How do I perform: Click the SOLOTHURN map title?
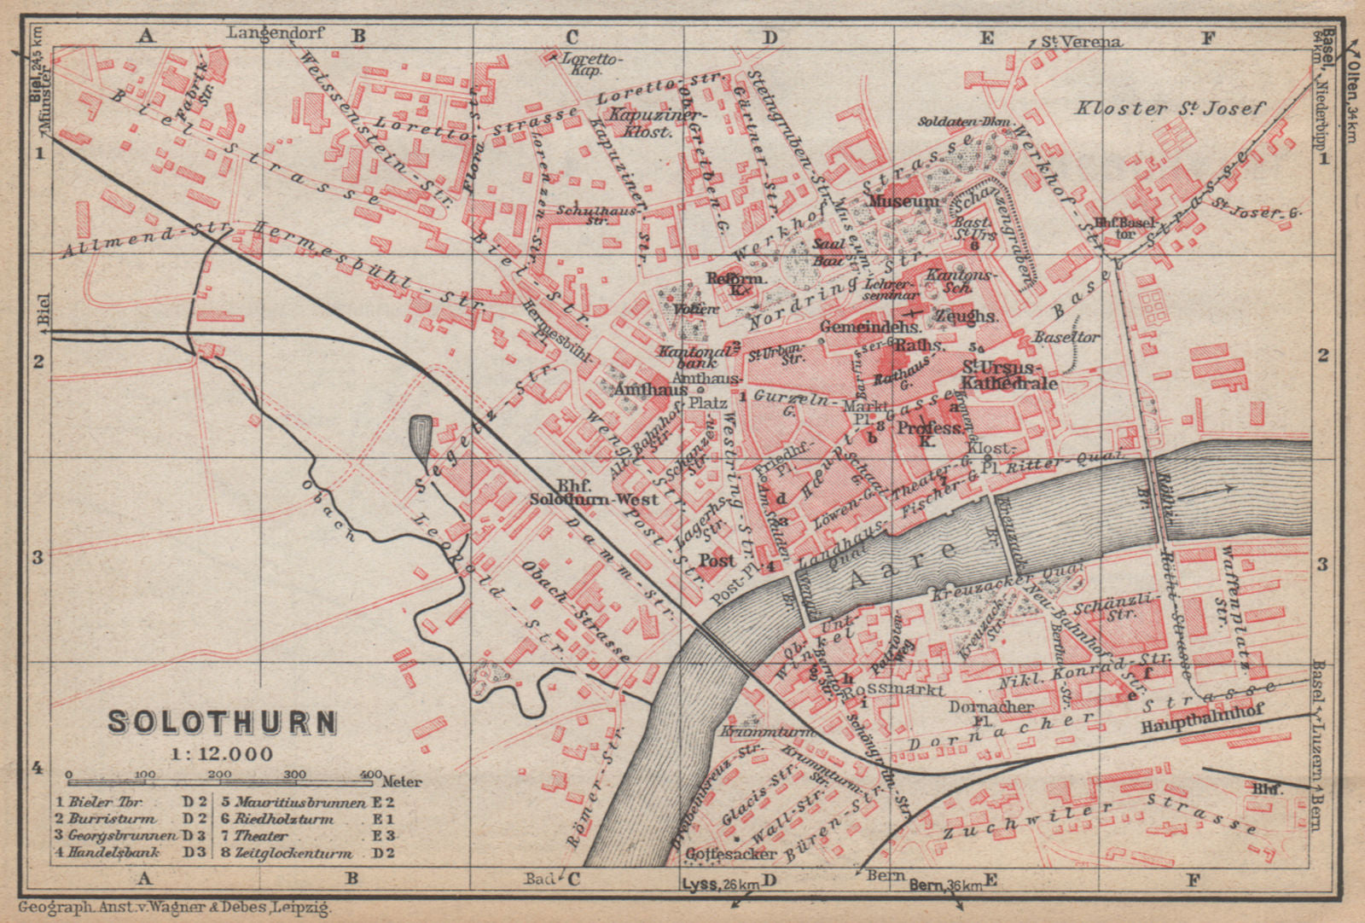222,723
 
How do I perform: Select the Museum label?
903,202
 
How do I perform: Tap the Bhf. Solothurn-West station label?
593,491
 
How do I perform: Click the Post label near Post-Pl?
716,560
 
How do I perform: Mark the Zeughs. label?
966,316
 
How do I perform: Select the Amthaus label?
651,389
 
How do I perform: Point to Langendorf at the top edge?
264,33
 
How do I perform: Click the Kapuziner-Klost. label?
646,123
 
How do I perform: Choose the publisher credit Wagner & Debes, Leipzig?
174,909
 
